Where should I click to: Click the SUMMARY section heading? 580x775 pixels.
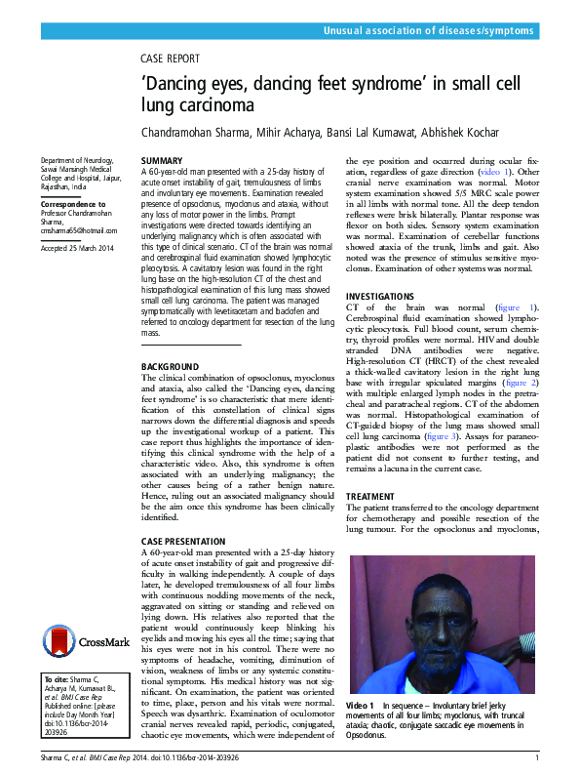[x=161, y=159]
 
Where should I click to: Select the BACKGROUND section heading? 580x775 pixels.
[x=171, y=366]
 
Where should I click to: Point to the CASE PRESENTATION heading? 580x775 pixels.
[x=183, y=540]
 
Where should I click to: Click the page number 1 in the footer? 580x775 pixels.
[x=537, y=757]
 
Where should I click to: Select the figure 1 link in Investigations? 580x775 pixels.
[x=518, y=306]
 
